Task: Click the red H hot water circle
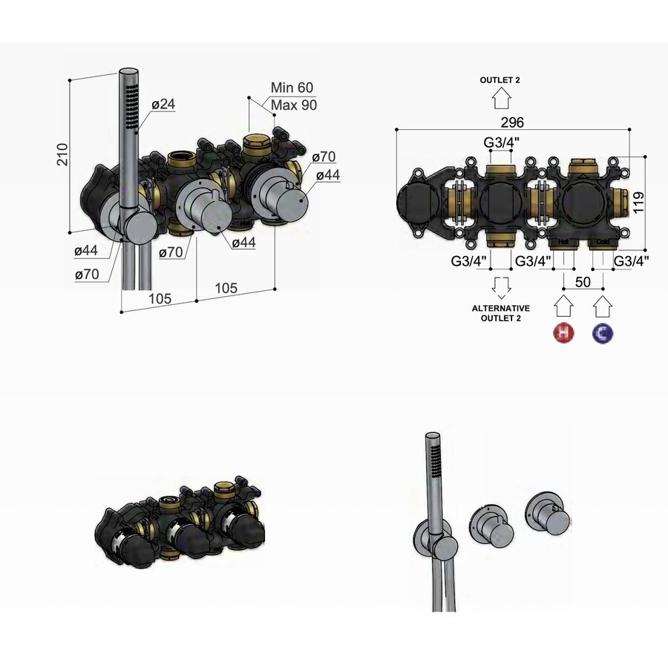(x=564, y=334)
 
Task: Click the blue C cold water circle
(x=603, y=334)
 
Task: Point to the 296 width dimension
(x=511, y=121)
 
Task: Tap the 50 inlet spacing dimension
(x=583, y=282)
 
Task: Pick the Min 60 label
(x=292, y=88)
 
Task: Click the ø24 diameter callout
(x=163, y=105)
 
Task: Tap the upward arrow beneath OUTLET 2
(x=502, y=97)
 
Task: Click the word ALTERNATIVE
(x=502, y=307)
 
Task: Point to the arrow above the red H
(x=564, y=307)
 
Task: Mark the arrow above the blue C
(x=603, y=307)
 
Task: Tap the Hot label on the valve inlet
(x=564, y=242)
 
